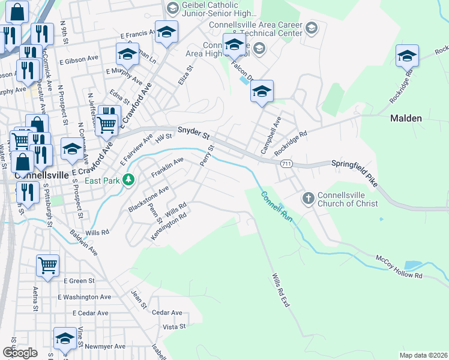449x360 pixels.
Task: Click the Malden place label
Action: tap(406, 118)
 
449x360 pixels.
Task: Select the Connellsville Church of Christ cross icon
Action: tap(308, 198)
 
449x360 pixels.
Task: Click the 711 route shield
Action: tap(286, 164)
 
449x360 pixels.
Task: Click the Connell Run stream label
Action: tap(276, 207)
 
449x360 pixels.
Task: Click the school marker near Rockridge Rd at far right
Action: tap(407, 56)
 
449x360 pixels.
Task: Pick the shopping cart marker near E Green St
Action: tap(47, 265)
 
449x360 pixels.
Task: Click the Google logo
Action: tap(20, 353)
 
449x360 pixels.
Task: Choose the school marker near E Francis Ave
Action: tap(166, 32)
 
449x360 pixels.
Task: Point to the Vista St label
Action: tap(174, 326)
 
